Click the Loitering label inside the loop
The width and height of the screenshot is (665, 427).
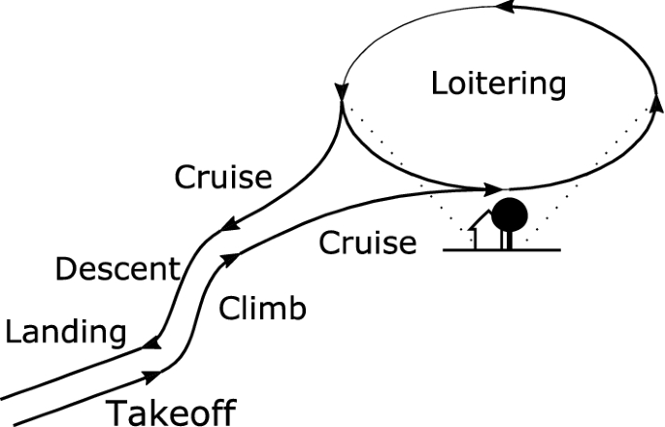(x=498, y=84)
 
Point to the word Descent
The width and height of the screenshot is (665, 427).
(x=116, y=269)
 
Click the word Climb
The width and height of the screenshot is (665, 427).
(x=262, y=309)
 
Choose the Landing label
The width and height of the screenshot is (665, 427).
(x=65, y=333)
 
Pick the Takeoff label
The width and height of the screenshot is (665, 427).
(x=170, y=412)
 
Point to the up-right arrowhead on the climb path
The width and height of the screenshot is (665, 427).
(x=232, y=257)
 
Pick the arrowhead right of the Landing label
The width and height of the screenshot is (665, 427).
(x=151, y=341)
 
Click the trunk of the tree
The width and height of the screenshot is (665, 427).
(x=506, y=238)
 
